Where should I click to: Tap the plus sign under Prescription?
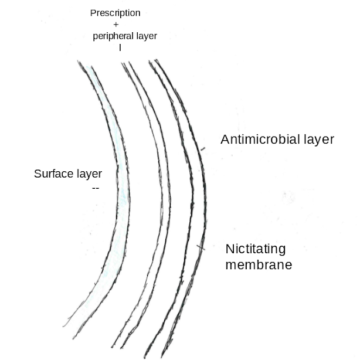pos(116,25)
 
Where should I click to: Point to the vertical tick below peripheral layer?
pos(120,47)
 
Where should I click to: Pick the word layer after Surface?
pos(88,174)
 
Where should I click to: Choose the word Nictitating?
pos(256,249)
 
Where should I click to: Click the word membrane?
pos(259,265)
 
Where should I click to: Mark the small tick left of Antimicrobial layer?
pos(203,150)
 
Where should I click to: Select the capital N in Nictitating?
pos(230,249)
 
